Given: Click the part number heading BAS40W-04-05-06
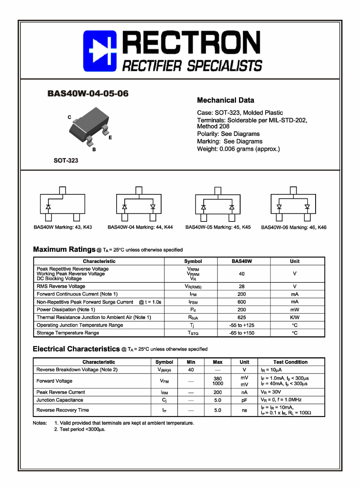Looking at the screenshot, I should point(88,94).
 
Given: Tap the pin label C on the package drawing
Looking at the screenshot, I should point(69,117).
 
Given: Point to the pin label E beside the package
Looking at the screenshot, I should point(110,138).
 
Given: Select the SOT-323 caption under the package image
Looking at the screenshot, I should point(66,161).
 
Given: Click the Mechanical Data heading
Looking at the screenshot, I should point(225,100).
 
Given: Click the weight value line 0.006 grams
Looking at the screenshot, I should point(238,149).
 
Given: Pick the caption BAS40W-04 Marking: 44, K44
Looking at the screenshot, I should point(140,227).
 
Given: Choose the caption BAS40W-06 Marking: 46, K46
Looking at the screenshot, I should point(293,227).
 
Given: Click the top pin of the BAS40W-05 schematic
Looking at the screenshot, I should point(218,190).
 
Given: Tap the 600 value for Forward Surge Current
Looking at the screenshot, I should point(241,302).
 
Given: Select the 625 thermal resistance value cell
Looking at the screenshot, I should point(241,317).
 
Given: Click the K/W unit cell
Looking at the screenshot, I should point(295,317).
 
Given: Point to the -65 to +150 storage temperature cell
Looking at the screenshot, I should point(241,333).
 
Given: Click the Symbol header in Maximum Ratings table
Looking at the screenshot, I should point(193,261).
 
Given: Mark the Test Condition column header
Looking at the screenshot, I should point(290,362).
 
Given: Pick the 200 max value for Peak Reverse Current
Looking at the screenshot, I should point(218,392).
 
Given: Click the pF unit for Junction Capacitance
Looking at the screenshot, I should point(244,400).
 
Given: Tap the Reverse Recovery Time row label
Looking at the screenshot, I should point(63,410).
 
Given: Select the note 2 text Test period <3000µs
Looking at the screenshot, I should point(80,430).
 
